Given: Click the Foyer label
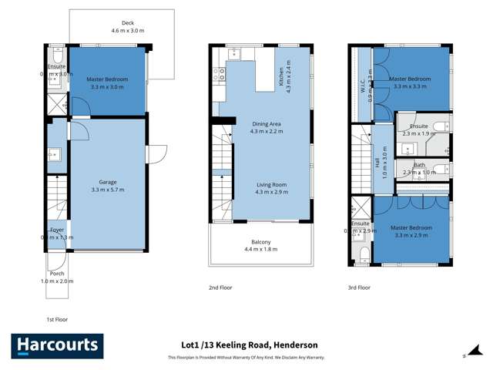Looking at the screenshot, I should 57,230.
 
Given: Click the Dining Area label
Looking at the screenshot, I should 264,127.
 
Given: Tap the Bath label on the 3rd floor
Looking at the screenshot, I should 419,165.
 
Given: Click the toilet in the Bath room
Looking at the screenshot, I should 439,170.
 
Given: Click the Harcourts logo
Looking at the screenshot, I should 55,345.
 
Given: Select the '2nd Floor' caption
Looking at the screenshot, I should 220,288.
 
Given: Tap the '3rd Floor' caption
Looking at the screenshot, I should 358,288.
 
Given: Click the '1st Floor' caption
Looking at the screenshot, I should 58,318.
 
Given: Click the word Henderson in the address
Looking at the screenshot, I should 294,345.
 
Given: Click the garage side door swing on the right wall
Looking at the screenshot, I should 156,154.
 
